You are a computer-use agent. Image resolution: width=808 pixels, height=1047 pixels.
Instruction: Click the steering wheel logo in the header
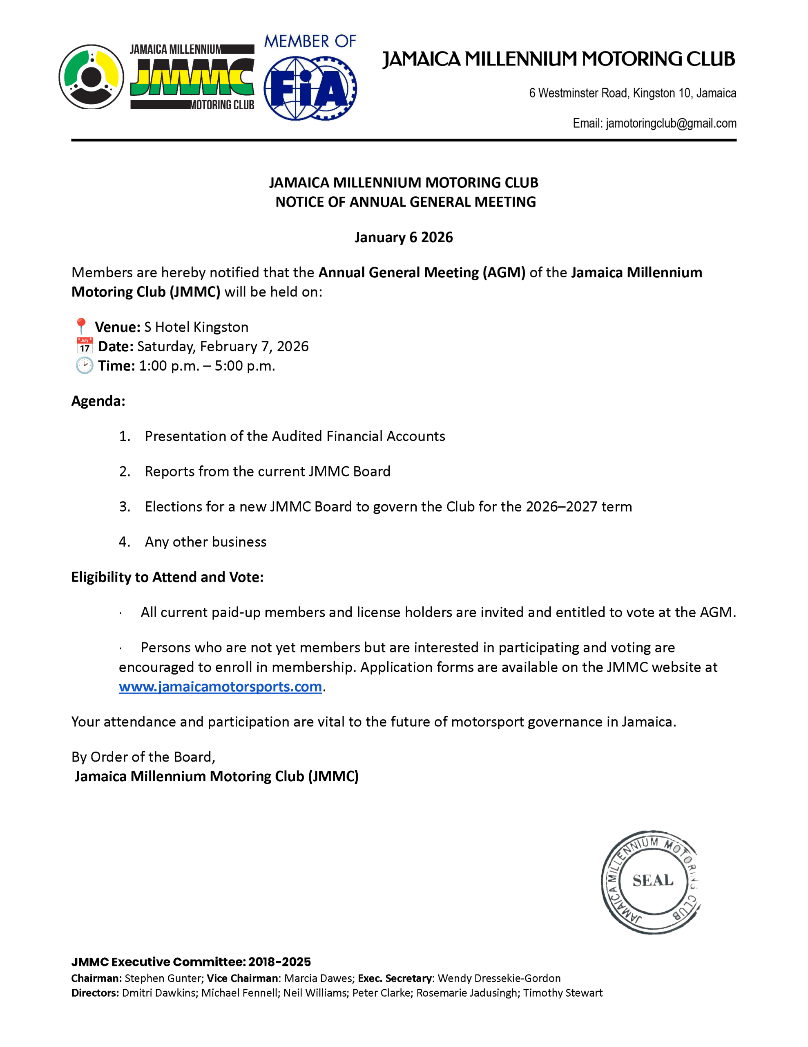coord(91,77)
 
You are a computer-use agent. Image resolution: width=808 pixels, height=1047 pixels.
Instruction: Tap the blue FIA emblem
coord(310,88)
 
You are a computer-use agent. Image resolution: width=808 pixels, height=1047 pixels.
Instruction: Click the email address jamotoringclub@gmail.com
coord(670,124)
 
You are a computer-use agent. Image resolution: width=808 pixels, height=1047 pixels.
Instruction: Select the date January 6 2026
coord(403,237)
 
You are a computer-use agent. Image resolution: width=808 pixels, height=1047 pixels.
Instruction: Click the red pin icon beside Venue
coord(81,326)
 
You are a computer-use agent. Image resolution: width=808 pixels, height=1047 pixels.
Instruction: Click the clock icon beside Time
coord(84,366)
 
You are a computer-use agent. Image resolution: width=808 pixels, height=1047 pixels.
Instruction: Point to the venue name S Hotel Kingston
coord(196,327)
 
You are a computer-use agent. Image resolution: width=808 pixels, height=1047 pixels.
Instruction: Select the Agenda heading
coord(98,401)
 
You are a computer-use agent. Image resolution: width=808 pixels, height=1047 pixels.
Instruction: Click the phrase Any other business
coord(205,542)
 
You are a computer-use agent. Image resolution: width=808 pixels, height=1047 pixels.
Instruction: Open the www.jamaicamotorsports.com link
coord(220,687)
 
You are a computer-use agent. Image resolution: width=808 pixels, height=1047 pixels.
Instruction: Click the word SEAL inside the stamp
coord(653,881)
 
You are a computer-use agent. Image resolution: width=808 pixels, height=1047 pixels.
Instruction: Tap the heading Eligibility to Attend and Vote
coord(167,577)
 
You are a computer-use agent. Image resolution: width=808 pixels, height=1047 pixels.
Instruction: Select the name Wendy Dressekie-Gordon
coord(499,978)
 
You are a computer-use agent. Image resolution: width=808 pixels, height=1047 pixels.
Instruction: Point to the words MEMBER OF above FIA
coord(310,42)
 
